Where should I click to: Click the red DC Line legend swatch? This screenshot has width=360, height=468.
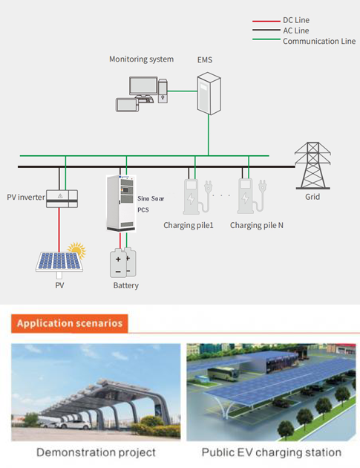tap(266, 22)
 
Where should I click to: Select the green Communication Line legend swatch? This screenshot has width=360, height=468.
tap(266, 39)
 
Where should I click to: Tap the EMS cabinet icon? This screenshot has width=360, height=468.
tap(209, 94)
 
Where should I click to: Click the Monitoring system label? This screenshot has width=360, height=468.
tap(141, 59)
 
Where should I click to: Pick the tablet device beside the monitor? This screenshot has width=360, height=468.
tap(127, 105)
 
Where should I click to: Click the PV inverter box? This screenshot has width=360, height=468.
tap(62, 199)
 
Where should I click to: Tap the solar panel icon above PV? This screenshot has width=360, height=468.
tap(59, 263)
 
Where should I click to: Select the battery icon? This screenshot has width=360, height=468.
tap(123, 263)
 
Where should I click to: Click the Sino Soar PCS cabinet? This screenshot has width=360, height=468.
tap(121, 204)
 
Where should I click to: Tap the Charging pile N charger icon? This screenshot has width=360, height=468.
tap(252, 196)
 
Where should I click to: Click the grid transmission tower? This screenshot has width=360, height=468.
tap(312, 166)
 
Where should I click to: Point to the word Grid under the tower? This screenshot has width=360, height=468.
tap(312, 197)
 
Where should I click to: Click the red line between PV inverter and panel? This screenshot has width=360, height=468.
tap(59, 230)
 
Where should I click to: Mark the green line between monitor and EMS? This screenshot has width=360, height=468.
tap(183, 91)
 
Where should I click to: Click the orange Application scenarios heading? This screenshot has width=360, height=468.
tap(70, 323)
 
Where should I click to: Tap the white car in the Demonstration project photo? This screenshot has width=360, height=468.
tap(75, 424)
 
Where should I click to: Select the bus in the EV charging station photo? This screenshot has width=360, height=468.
tap(223, 374)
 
